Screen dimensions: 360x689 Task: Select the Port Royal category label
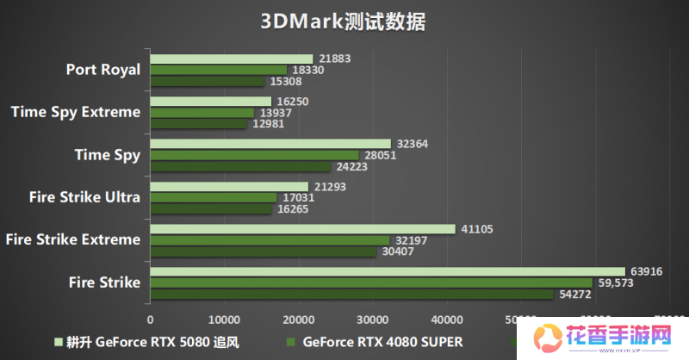click(x=102, y=70)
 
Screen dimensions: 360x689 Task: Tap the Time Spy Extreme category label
click(x=76, y=112)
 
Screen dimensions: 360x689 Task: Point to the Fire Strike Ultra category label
click(x=84, y=197)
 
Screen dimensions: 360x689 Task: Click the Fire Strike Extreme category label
click(x=72, y=239)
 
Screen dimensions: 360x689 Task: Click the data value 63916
click(x=647, y=271)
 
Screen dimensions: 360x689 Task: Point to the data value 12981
click(x=268, y=124)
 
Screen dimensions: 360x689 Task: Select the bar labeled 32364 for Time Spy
click(x=270, y=144)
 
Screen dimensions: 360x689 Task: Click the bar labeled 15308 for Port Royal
click(x=207, y=82)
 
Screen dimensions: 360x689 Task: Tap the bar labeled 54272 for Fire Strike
click(x=351, y=295)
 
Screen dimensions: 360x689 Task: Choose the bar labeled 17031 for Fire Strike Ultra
click(x=213, y=197)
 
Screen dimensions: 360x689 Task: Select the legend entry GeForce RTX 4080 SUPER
click(x=383, y=341)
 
